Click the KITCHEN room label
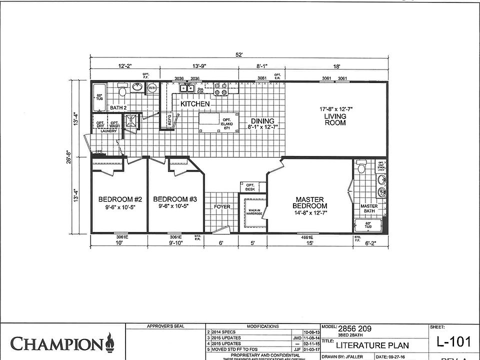point(195,103)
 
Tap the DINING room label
point(262,121)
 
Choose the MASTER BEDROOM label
point(310,202)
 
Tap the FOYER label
point(222,206)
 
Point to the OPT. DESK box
point(250,187)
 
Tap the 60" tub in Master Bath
point(368,226)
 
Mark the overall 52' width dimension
point(239,55)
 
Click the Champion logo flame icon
point(109,344)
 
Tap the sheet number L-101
point(453,342)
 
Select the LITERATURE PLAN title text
point(372,345)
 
